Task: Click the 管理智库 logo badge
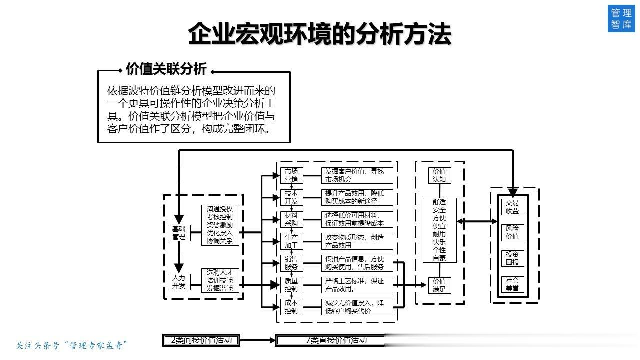pos(621,18)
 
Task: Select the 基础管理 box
pos(179,233)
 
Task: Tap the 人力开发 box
pos(179,282)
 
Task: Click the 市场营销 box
pos(291,175)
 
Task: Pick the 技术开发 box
pos(291,197)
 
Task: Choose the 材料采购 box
pos(291,219)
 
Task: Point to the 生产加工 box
pos(291,241)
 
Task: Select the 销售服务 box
pos(291,263)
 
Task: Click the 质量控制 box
pos(291,285)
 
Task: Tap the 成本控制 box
pos(291,307)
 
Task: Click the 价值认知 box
pos(439,175)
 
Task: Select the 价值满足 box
pos(439,285)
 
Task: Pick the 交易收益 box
pos(513,207)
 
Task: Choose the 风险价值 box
pos(513,233)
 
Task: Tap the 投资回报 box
pos(513,258)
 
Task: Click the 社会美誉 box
pos(513,284)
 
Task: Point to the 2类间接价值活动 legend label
pos(201,340)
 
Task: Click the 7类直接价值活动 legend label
pos(336,340)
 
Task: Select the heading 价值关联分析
pos(166,69)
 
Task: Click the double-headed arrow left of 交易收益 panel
pos(477,221)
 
